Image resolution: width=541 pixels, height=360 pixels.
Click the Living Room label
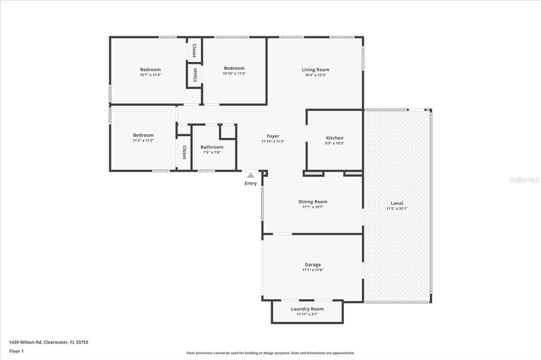pos(315,70)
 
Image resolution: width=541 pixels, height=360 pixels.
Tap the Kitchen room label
pos(334,138)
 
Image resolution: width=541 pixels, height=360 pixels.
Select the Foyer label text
pos(273,136)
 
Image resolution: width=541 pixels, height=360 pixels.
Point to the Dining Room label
pos(313,202)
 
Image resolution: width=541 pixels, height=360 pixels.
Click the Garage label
pos(312,265)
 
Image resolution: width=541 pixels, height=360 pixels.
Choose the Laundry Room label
pos(307,309)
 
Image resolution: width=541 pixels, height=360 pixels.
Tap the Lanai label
pos(397,203)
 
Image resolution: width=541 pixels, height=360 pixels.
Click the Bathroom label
pos(212,147)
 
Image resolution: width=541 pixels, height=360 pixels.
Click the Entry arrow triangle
pos(250,175)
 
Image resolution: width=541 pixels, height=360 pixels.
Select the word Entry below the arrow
pos(250,184)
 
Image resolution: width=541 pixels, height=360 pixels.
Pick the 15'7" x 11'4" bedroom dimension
pos(150,75)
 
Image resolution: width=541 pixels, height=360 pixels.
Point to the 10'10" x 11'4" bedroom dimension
pos(234,73)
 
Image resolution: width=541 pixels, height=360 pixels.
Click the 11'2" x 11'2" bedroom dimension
pos(143,141)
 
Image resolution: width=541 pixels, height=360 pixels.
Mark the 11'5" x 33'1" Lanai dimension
pos(397,209)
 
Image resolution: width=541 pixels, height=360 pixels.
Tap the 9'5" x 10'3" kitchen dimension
pos(334,144)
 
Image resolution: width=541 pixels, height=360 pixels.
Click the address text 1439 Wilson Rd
pos(49,342)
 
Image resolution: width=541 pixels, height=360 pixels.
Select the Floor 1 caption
pos(17,351)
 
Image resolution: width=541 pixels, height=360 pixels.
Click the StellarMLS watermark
pos(524,180)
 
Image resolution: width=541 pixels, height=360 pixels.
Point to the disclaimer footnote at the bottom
pos(270,353)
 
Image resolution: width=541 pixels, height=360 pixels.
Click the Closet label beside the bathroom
pos(184,153)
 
